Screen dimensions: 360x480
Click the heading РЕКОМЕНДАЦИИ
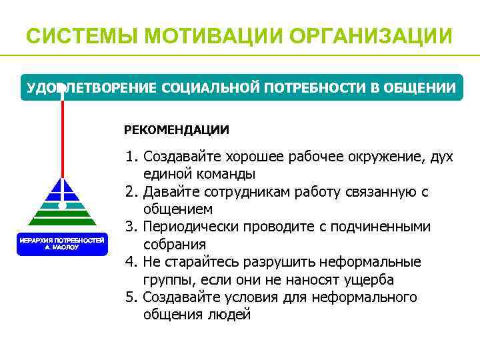coord(177,129)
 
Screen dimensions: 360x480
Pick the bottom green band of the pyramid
coord(62,222)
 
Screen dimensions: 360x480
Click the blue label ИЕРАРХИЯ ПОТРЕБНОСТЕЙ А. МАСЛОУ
coord(61,243)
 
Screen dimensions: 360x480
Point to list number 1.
coord(131,157)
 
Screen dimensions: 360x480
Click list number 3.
coord(131,227)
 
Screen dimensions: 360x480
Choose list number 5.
coord(131,297)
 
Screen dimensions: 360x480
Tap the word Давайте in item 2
coord(169,192)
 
